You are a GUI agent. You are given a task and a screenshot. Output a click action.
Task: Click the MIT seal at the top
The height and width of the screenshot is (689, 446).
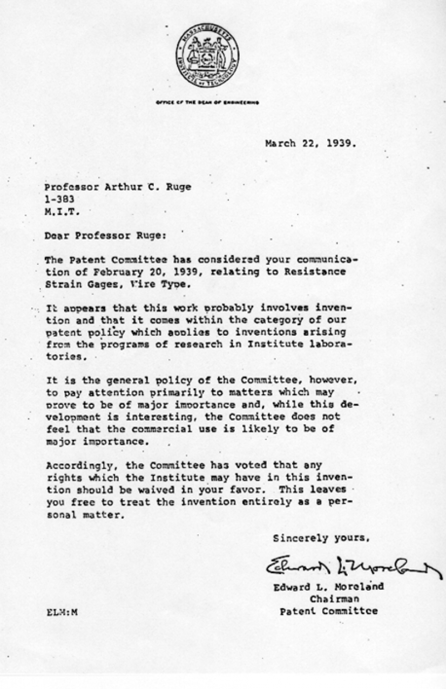click(x=207, y=57)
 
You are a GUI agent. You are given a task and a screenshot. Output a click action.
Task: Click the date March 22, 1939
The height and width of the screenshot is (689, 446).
click(x=310, y=143)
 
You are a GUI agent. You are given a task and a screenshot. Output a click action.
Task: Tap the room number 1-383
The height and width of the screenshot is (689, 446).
click(x=59, y=198)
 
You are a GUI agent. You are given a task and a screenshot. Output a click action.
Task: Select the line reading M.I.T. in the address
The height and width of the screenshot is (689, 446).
click(x=62, y=211)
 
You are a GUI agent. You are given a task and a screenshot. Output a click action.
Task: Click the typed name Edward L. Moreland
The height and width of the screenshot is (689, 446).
click(x=328, y=587)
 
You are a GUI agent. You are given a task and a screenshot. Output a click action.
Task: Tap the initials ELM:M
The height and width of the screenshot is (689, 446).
click(x=62, y=611)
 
